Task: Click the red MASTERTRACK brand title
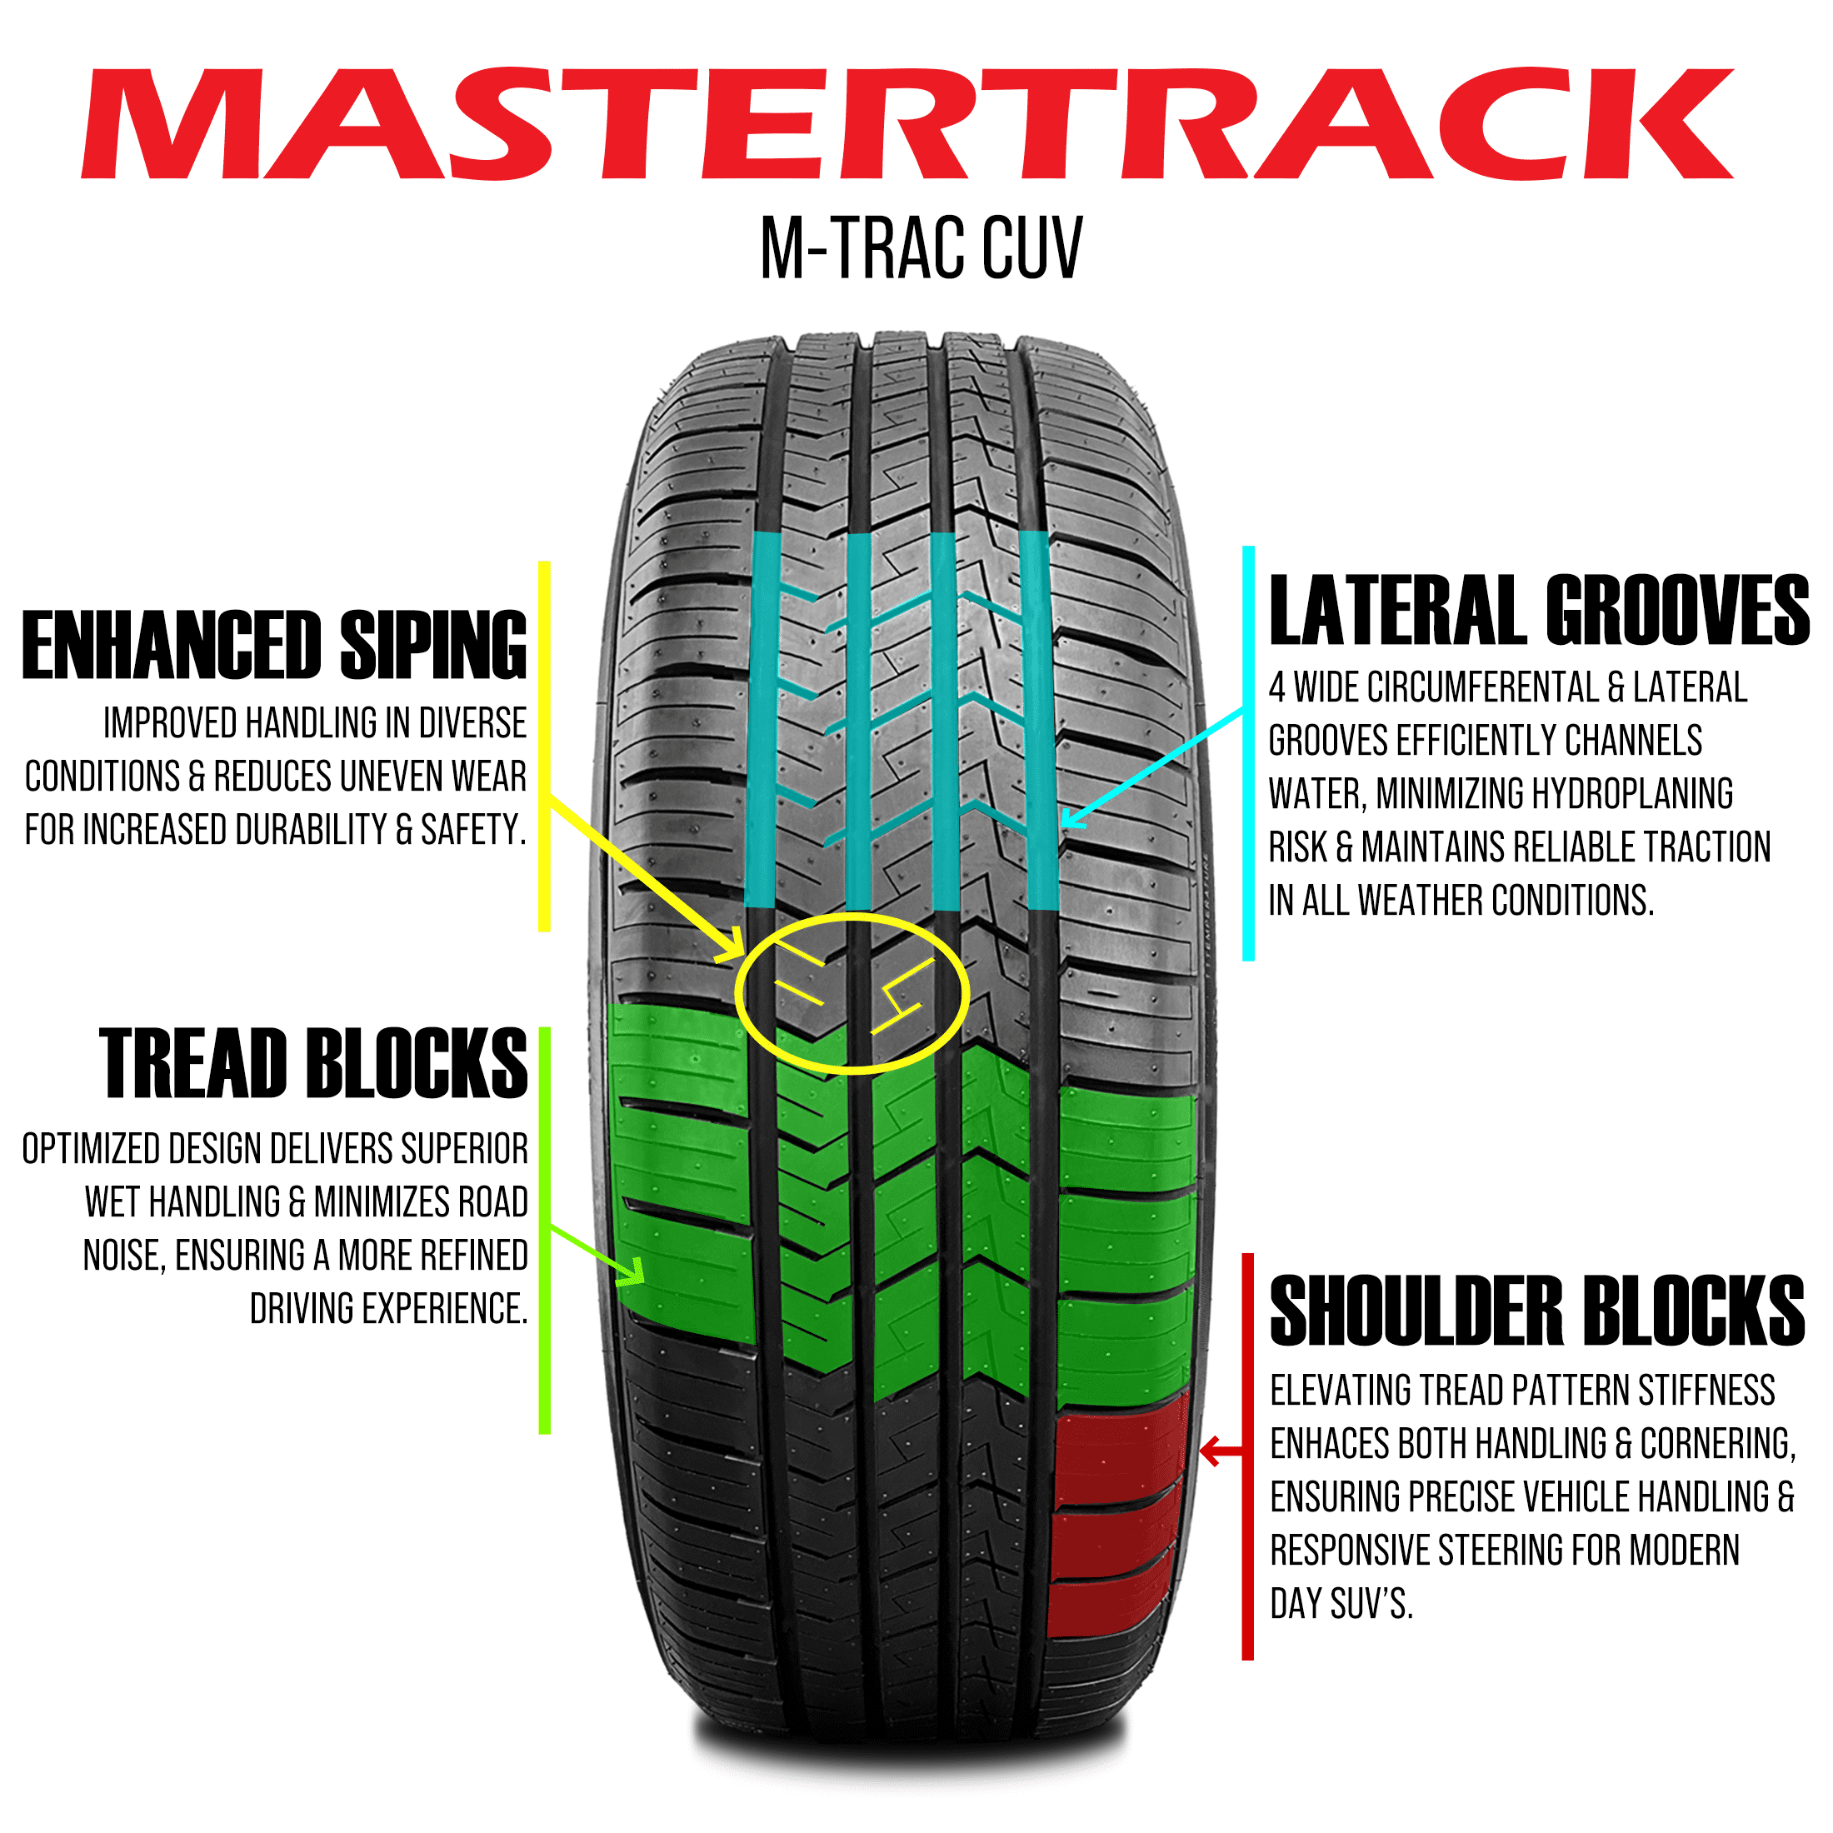tap(909, 123)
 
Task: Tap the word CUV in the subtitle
tap(1031, 248)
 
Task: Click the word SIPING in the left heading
tap(432, 646)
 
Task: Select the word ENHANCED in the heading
tap(172, 646)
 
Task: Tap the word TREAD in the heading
tap(193, 1065)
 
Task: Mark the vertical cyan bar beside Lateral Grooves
tap(1249, 753)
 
